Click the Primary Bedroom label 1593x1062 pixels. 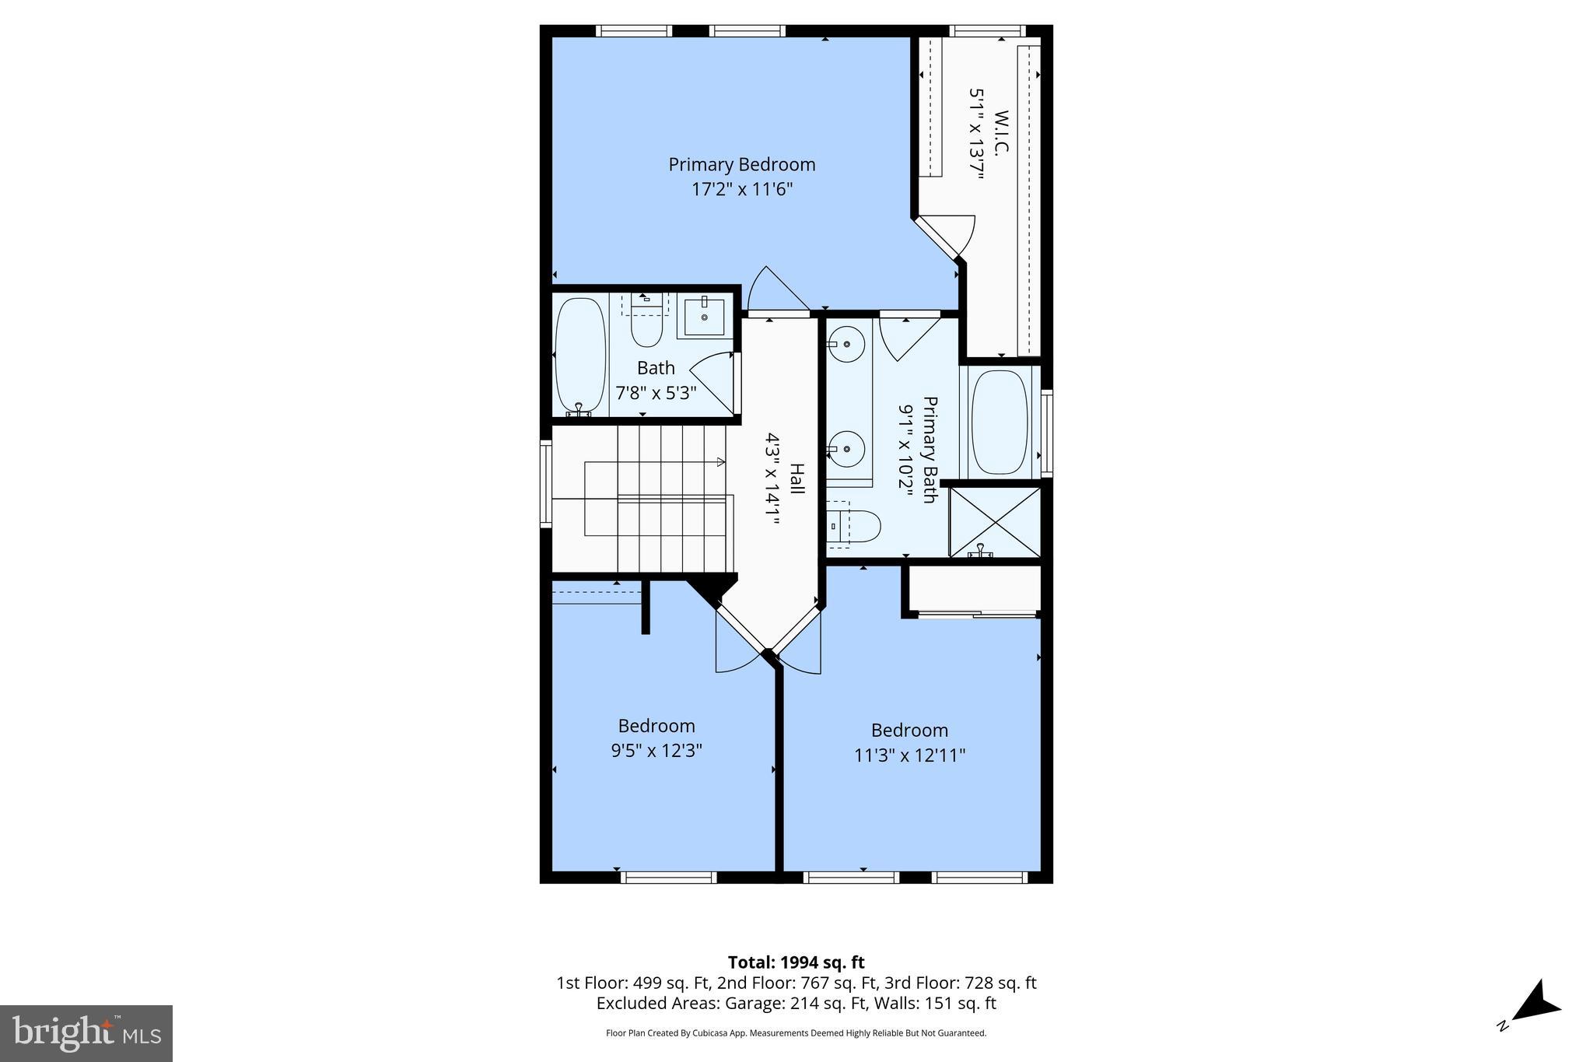(741, 165)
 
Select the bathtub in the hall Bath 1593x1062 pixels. (580, 356)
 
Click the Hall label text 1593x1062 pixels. (796, 478)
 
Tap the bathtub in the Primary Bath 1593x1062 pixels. (1000, 422)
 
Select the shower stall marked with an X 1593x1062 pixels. (995, 521)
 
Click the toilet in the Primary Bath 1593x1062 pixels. (856, 526)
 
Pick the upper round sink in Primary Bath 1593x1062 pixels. (846, 342)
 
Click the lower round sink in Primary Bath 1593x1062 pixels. (846, 449)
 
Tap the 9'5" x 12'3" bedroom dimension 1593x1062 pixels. (656, 751)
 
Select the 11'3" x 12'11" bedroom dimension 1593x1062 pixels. (909, 755)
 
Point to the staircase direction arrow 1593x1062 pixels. (720, 462)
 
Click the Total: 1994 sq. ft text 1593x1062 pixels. (796, 962)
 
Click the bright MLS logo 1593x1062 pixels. (86, 1033)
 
